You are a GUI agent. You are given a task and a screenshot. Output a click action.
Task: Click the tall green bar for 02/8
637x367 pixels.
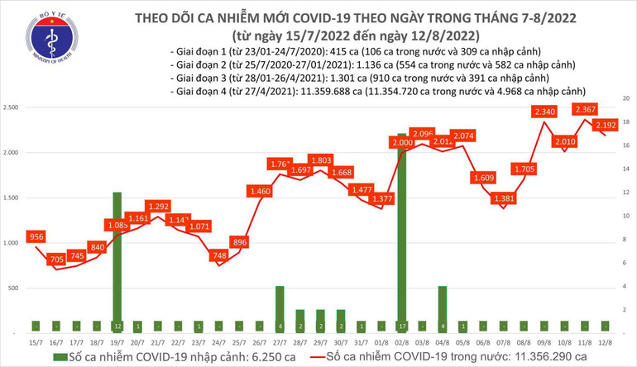pyautogui.click(x=402, y=231)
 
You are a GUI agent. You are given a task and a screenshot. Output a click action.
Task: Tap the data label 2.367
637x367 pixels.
pyautogui.click(x=584, y=111)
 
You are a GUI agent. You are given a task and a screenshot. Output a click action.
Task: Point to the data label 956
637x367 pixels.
pyautogui.click(x=36, y=237)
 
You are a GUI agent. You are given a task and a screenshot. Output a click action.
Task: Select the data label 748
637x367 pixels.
pyautogui.click(x=218, y=256)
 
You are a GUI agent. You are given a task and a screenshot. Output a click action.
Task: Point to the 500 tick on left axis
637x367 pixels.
pyautogui.click(x=17, y=288)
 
